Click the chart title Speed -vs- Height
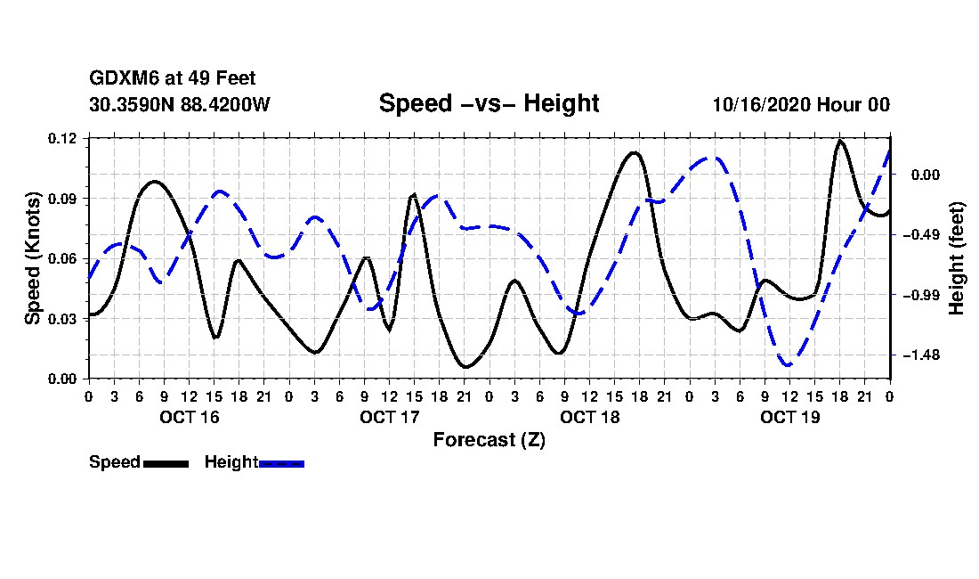pyautogui.click(x=489, y=103)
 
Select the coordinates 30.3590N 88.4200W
pyautogui.click(x=179, y=104)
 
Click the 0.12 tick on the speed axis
pyautogui.click(x=63, y=138)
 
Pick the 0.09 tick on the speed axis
pyautogui.click(x=63, y=198)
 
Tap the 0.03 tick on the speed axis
pyautogui.click(x=63, y=318)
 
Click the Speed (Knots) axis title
pyautogui.click(x=33, y=257)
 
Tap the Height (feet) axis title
pyautogui.click(x=958, y=257)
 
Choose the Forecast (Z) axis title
pyautogui.click(x=489, y=439)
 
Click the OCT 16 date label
pyautogui.click(x=189, y=417)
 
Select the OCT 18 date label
pyautogui.click(x=589, y=417)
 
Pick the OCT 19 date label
pyautogui.click(x=789, y=417)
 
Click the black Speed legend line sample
pyautogui.click(x=166, y=463)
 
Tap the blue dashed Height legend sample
pyautogui.click(x=281, y=463)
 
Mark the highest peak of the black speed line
pyautogui.click(x=839, y=141)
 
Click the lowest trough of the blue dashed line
pyautogui.click(x=787, y=364)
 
